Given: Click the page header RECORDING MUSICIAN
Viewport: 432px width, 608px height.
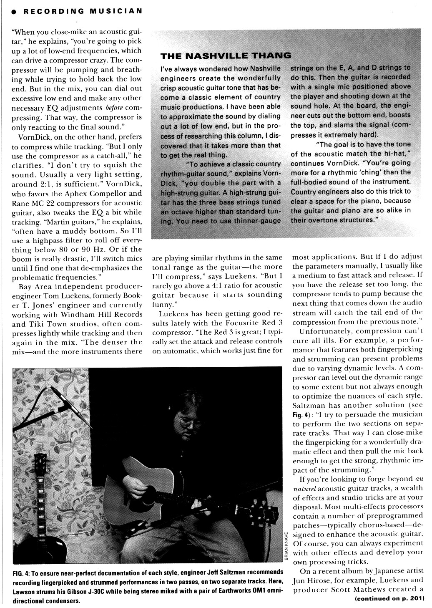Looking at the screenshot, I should point(83,11).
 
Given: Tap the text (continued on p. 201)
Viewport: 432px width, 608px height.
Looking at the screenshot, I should point(389,599).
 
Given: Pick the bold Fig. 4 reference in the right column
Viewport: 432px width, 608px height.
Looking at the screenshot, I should point(302,415).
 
